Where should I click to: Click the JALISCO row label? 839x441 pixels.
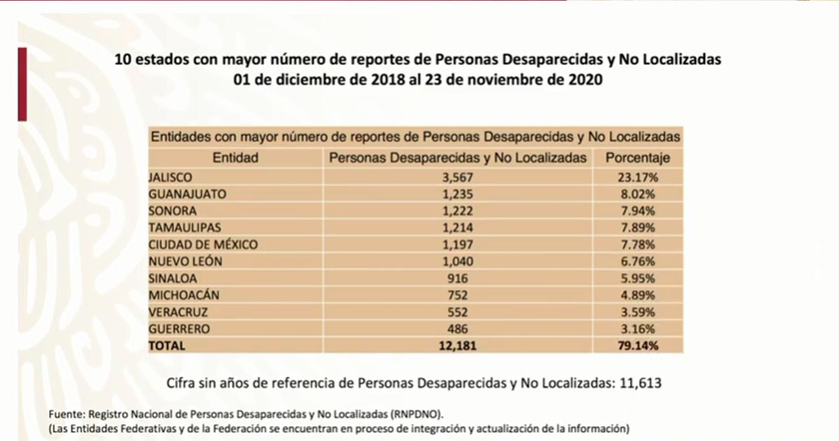[x=171, y=178]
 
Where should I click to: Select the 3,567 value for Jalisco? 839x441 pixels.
[x=458, y=178]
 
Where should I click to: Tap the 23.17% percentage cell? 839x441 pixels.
[x=637, y=178]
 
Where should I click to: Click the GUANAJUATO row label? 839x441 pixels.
[x=187, y=195]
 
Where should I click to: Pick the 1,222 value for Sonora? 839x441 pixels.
[x=458, y=211]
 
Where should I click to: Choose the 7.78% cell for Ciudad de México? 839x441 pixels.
[x=637, y=245]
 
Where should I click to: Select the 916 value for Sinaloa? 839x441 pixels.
[x=458, y=279]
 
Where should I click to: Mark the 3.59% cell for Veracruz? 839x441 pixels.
[x=637, y=311]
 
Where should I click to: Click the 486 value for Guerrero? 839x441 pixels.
[x=458, y=328]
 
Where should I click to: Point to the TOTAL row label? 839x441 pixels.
[x=166, y=345]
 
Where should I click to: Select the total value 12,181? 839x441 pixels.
[x=458, y=345]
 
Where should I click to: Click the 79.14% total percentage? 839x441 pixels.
[x=637, y=345]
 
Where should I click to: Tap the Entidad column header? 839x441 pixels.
[x=235, y=158]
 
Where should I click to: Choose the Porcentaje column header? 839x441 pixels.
[x=637, y=158]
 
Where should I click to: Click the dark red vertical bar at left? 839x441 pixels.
[x=22, y=84]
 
